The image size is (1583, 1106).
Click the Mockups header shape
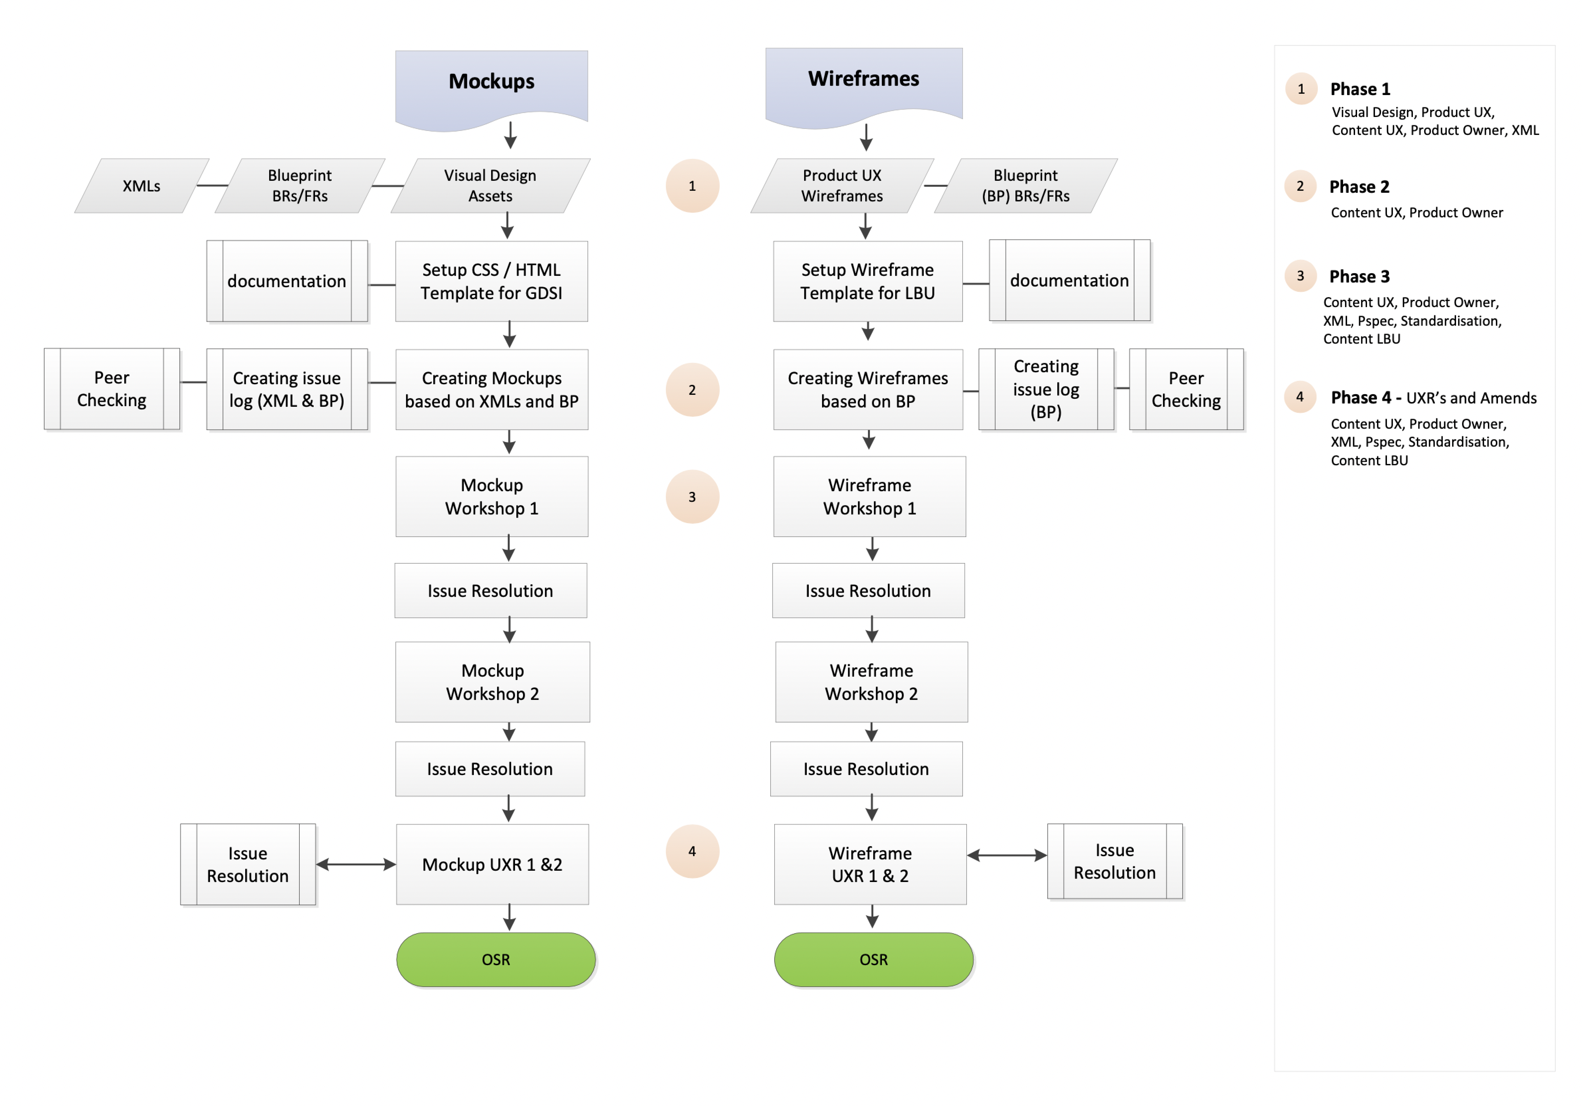tap(491, 86)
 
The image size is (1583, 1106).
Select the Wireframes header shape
tap(864, 83)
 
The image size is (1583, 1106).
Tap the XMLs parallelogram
tap(141, 185)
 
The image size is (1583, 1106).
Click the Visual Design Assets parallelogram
tap(490, 185)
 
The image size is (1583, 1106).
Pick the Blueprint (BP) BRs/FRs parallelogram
tap(1025, 185)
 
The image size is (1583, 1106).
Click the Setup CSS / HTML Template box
tap(491, 281)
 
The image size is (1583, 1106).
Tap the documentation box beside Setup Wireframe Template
tap(1069, 280)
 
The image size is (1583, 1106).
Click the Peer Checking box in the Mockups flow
tap(112, 389)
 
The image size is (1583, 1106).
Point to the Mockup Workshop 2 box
tap(492, 682)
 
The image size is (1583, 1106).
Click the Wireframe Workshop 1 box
tap(869, 497)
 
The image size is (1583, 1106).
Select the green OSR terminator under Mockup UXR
tap(496, 959)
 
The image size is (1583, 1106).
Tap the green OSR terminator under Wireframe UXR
tap(874, 959)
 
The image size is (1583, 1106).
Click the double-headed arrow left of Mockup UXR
tap(356, 864)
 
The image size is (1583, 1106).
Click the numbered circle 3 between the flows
tap(692, 497)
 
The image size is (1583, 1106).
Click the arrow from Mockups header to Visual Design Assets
tap(510, 135)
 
